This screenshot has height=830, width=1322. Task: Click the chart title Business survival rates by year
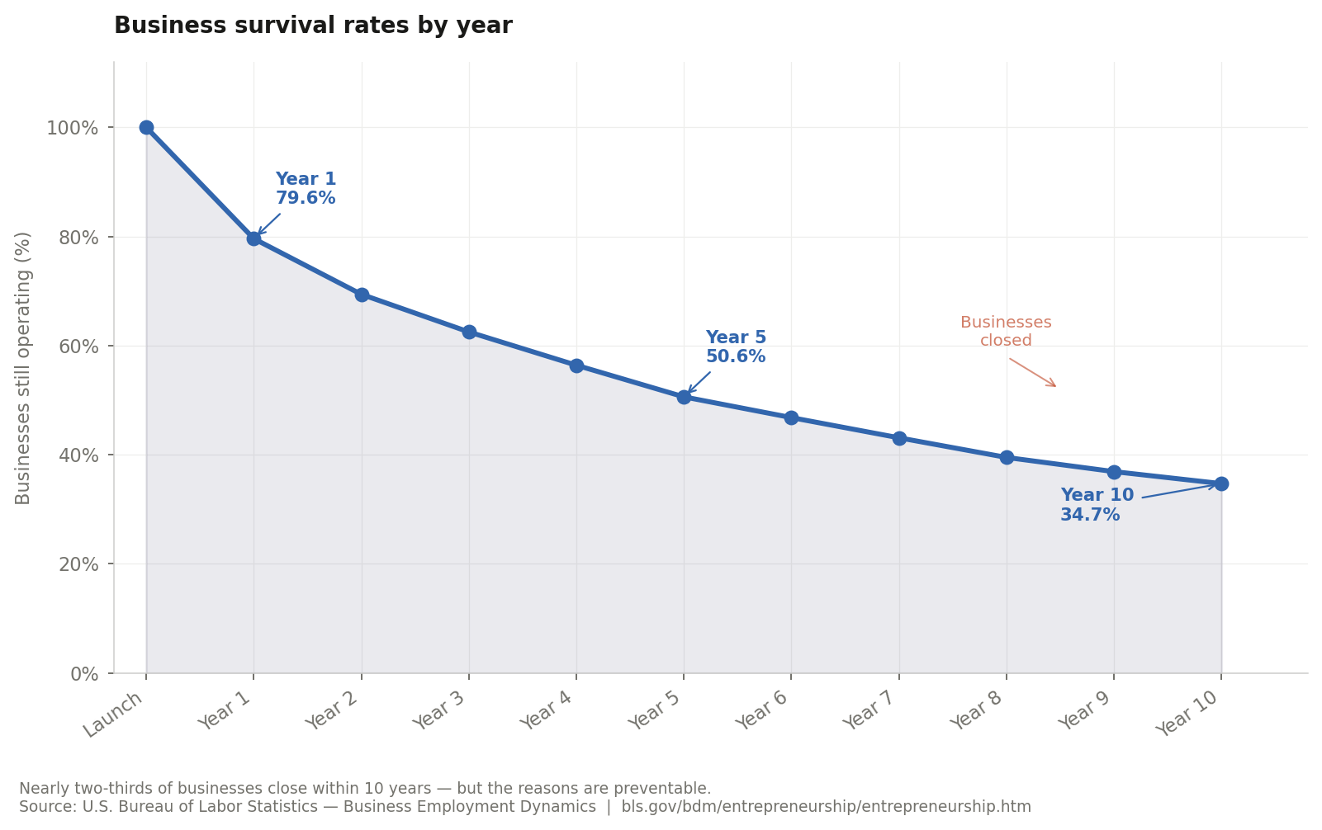(313, 26)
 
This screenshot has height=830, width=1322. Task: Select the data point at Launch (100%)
(146, 127)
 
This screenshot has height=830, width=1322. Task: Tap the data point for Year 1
(254, 238)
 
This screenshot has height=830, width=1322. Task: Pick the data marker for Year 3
(469, 332)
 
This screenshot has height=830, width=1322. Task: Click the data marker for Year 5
(684, 397)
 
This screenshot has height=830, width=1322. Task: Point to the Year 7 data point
(899, 438)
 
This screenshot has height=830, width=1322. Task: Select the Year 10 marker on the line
(1221, 483)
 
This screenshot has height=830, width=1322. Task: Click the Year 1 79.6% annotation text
(306, 189)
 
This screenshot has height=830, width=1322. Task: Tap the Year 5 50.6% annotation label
(736, 347)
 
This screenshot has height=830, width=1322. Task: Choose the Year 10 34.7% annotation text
(1097, 505)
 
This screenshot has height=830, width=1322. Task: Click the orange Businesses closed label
(1006, 332)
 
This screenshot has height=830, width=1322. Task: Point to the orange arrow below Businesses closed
(1032, 372)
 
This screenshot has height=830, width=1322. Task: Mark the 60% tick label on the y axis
(78, 347)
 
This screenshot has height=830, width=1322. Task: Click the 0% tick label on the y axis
(84, 674)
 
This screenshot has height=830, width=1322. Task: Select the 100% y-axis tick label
(73, 128)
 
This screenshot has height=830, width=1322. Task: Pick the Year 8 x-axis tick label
(978, 710)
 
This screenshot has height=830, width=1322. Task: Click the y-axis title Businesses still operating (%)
(23, 368)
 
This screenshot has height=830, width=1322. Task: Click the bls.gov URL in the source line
(826, 807)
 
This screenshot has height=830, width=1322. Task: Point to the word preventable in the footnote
(670, 789)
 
